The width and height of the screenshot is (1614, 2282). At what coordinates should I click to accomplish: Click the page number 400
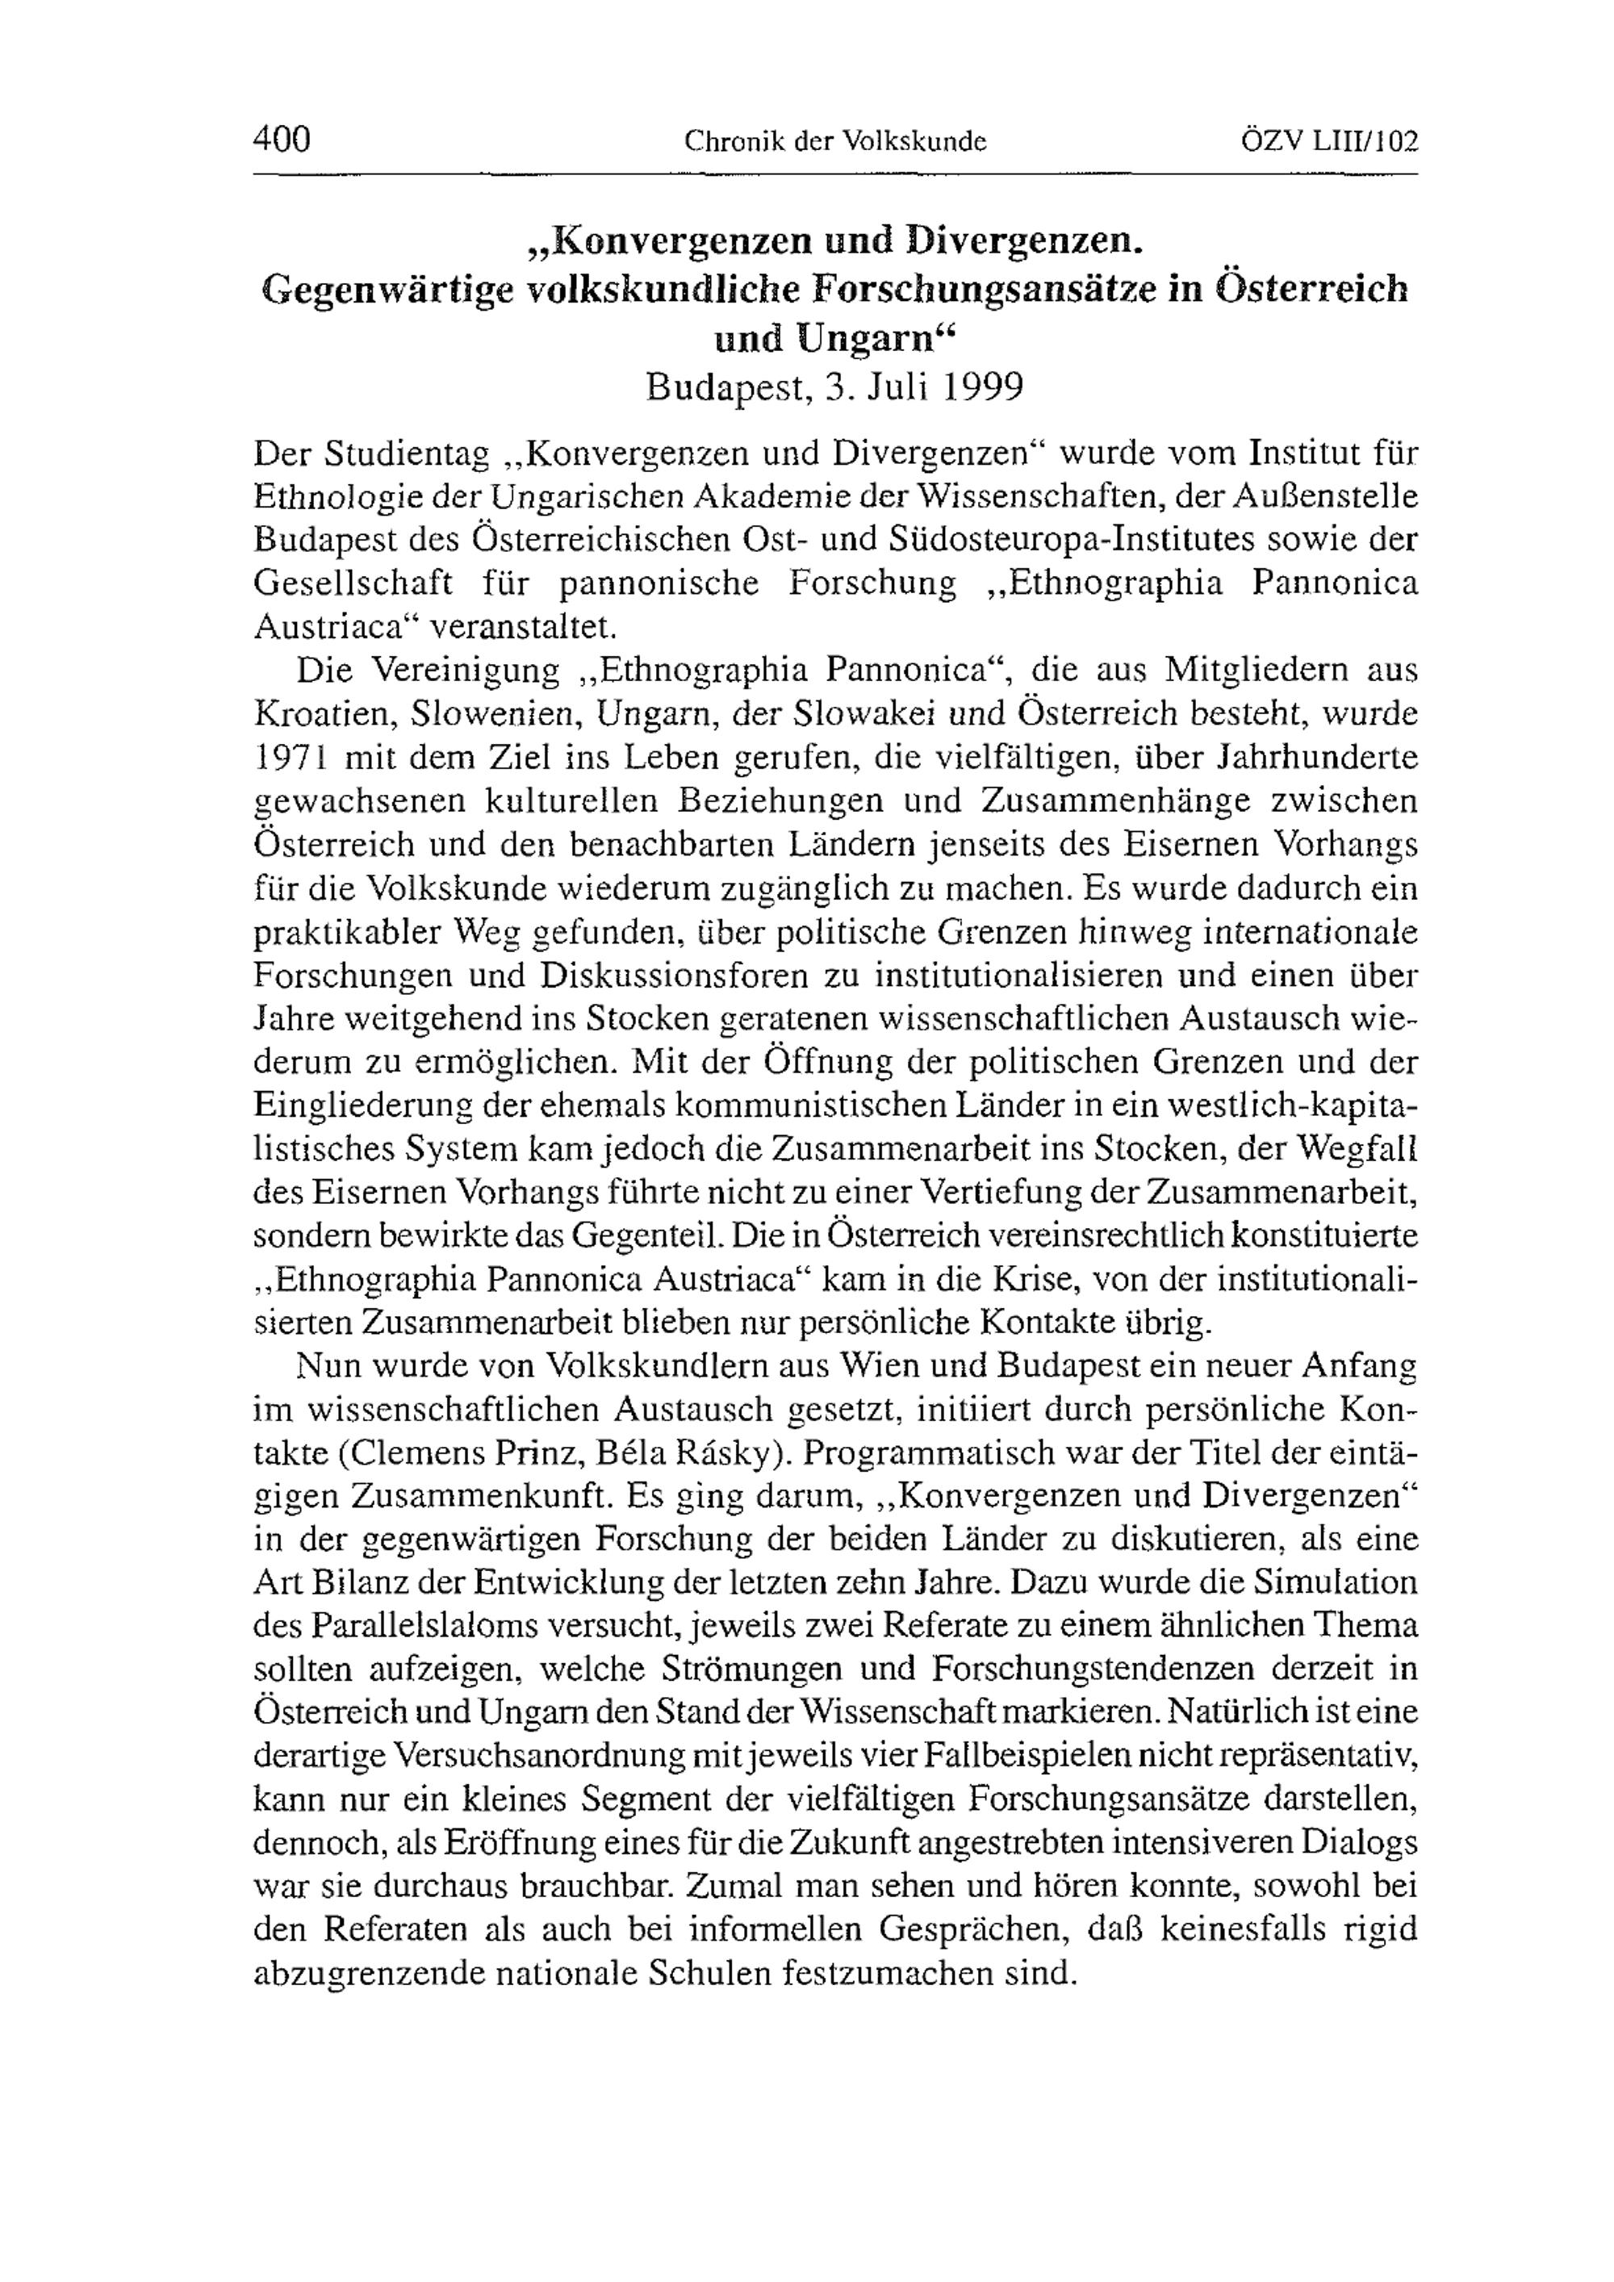coord(282,138)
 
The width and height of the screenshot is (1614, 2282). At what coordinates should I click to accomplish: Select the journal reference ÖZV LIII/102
coord(1329,141)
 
